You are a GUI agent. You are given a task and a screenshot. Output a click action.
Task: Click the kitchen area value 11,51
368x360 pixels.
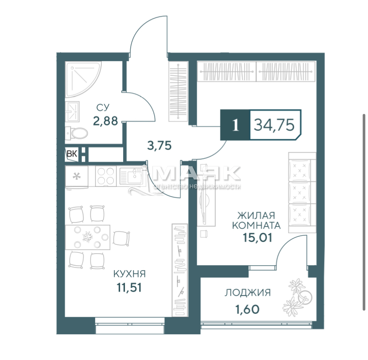(129, 287)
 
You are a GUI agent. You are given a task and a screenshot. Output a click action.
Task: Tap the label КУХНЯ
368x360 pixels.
(129, 274)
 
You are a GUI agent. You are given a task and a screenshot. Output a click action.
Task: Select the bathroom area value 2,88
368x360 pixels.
(105, 121)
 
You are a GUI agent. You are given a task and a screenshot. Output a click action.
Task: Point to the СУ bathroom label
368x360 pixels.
(103, 108)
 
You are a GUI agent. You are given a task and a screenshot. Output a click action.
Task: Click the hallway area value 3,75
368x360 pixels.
(160, 146)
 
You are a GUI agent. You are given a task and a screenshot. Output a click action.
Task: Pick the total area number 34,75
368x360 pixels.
(274, 125)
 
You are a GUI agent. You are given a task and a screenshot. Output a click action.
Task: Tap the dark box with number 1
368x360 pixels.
(235, 125)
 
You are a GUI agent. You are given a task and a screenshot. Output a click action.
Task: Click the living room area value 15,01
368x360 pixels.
(257, 238)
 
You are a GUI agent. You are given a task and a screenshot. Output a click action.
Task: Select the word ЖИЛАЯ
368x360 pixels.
(256, 215)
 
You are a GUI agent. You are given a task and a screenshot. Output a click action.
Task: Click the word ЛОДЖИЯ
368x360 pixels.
(248, 292)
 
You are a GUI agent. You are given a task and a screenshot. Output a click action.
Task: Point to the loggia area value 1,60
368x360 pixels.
(248, 309)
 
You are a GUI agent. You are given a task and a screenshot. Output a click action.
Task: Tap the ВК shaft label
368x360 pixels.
(72, 154)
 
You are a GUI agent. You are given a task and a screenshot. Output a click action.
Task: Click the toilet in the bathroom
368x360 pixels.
(76, 133)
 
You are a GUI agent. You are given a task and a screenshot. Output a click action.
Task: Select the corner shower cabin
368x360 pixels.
(83, 79)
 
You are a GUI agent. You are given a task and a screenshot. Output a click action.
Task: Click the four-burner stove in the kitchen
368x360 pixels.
(106, 176)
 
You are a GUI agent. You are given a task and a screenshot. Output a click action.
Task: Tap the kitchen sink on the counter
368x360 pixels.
(131, 176)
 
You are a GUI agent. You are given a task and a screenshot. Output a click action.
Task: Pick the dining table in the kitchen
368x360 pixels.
(88, 237)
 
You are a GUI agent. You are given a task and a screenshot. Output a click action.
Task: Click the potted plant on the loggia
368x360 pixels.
(298, 297)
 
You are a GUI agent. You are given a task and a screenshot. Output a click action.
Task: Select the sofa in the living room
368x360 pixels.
(302, 192)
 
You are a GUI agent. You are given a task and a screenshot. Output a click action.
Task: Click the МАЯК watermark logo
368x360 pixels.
(196, 174)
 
